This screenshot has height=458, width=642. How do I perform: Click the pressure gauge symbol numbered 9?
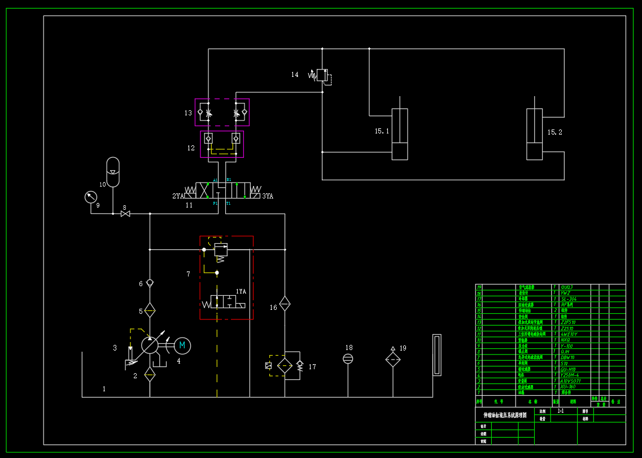pyautogui.click(x=90, y=197)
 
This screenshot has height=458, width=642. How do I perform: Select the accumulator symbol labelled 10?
pyautogui.click(x=113, y=171)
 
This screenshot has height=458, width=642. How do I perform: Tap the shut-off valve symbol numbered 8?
pyautogui.click(x=125, y=214)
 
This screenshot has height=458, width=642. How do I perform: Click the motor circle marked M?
pyautogui.click(x=182, y=345)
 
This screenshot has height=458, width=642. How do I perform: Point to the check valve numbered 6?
pyautogui.click(x=150, y=283)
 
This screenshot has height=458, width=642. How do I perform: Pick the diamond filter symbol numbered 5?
pyautogui.click(x=150, y=310)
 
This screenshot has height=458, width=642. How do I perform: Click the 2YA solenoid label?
pyautogui.click(x=178, y=196)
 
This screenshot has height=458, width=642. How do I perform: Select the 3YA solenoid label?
pyautogui.click(x=268, y=196)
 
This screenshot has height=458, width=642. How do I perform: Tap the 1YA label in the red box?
pyautogui.click(x=241, y=292)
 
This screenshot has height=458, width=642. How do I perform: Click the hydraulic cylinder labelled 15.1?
pyautogui.click(x=400, y=134)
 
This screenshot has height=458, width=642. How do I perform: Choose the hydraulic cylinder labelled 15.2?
pyautogui.click(x=534, y=134)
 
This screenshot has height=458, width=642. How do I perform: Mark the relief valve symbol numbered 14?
pyautogui.click(x=321, y=75)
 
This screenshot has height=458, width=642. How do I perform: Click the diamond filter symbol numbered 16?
pyautogui.click(x=285, y=304)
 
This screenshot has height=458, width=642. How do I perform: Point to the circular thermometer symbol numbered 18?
pyautogui.click(x=348, y=358)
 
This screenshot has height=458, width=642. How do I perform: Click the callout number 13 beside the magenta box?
pyautogui.click(x=188, y=113)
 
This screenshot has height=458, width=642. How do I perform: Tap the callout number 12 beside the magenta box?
pyautogui.click(x=191, y=148)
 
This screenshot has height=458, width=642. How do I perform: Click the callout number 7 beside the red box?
pyautogui.click(x=188, y=274)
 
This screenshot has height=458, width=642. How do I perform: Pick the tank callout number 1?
pyautogui.click(x=104, y=388)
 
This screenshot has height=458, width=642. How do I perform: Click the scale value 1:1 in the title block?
pyautogui.click(x=560, y=411)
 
